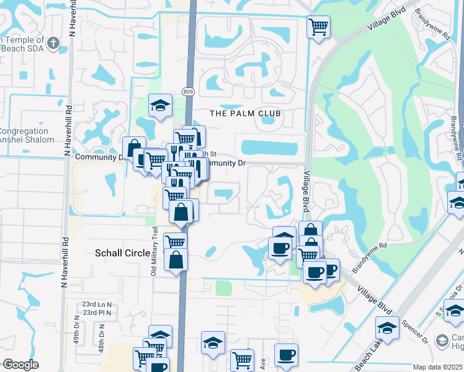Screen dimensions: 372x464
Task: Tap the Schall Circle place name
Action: click(x=122, y=253)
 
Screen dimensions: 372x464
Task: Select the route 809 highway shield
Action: click(x=188, y=92)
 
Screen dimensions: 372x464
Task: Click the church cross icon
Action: click(x=54, y=43)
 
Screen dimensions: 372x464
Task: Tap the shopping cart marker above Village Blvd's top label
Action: click(x=318, y=27)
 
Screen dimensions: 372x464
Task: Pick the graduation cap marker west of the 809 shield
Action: click(x=160, y=105)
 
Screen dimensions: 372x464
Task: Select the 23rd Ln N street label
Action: click(x=97, y=304)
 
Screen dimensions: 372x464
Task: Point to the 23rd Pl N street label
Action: click(x=97, y=312)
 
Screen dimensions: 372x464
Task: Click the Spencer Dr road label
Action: click(x=417, y=332)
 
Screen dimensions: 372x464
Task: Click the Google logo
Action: click(x=20, y=365)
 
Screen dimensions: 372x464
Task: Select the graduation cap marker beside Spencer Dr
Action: click(x=388, y=329)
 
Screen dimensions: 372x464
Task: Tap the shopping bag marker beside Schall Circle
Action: click(x=177, y=260)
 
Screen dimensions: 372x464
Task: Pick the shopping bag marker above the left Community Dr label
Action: click(x=134, y=149)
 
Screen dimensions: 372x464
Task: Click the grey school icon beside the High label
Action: click(x=442, y=340)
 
